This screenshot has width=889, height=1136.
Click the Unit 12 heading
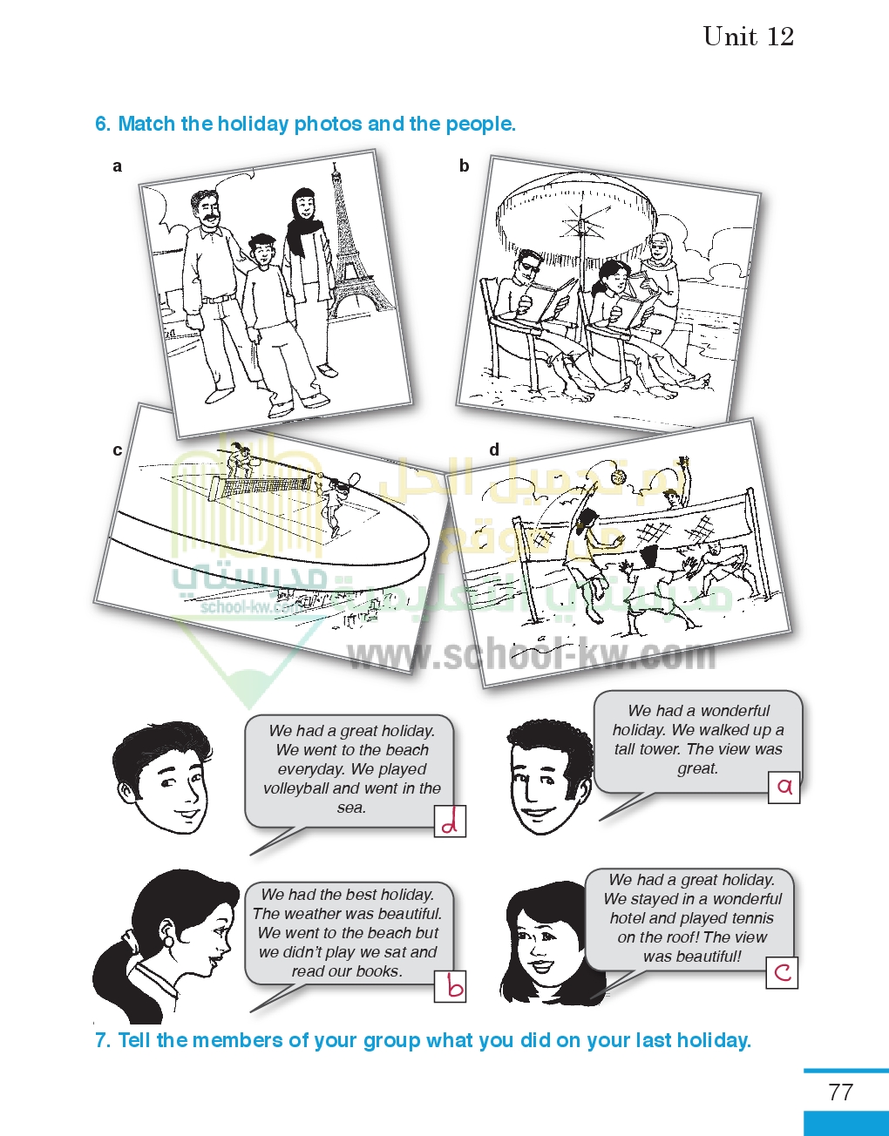point(749,37)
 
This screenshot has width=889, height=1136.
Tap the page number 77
point(840,1092)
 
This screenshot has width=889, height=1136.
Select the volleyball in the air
point(619,477)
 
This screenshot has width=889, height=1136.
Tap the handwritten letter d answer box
point(450,822)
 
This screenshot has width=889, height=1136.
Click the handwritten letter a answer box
point(784,788)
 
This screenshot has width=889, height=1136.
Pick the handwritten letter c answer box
point(782,973)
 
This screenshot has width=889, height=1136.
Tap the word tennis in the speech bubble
point(749,918)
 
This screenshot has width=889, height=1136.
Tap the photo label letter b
point(464,166)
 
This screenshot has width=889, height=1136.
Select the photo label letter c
point(117,450)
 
